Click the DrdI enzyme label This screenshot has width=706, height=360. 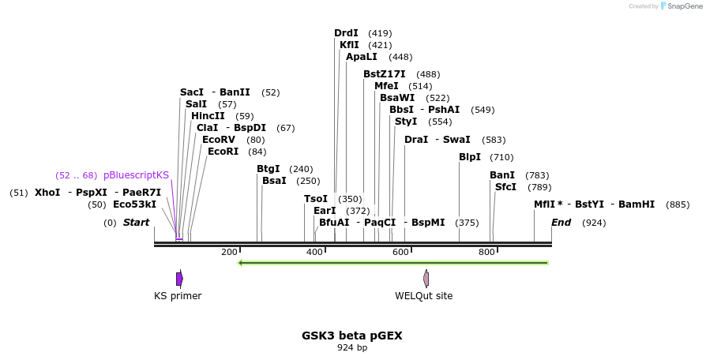click(346, 33)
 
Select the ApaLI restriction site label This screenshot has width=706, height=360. click(362, 57)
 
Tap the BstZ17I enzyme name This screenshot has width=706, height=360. click(385, 74)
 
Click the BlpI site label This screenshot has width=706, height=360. click(470, 157)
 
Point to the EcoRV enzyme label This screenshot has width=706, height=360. click(219, 140)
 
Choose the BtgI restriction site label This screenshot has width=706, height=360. click(269, 169)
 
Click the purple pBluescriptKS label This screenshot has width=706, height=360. click(136, 175)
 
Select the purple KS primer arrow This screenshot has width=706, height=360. click(179, 279)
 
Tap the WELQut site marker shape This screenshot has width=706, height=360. click(426, 279)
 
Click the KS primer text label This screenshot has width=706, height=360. click(178, 296)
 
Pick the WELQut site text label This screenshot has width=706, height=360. click(424, 296)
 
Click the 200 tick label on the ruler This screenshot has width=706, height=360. click(229, 252)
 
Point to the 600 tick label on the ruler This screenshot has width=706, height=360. click(400, 252)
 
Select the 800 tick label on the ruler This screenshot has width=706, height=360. click(486, 252)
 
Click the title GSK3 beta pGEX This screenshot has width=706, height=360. click(352, 336)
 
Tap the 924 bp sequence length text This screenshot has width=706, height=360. click(352, 347)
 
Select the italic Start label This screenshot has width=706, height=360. click(136, 223)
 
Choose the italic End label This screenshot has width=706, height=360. click(561, 223)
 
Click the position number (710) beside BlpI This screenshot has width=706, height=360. click(501, 157)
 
